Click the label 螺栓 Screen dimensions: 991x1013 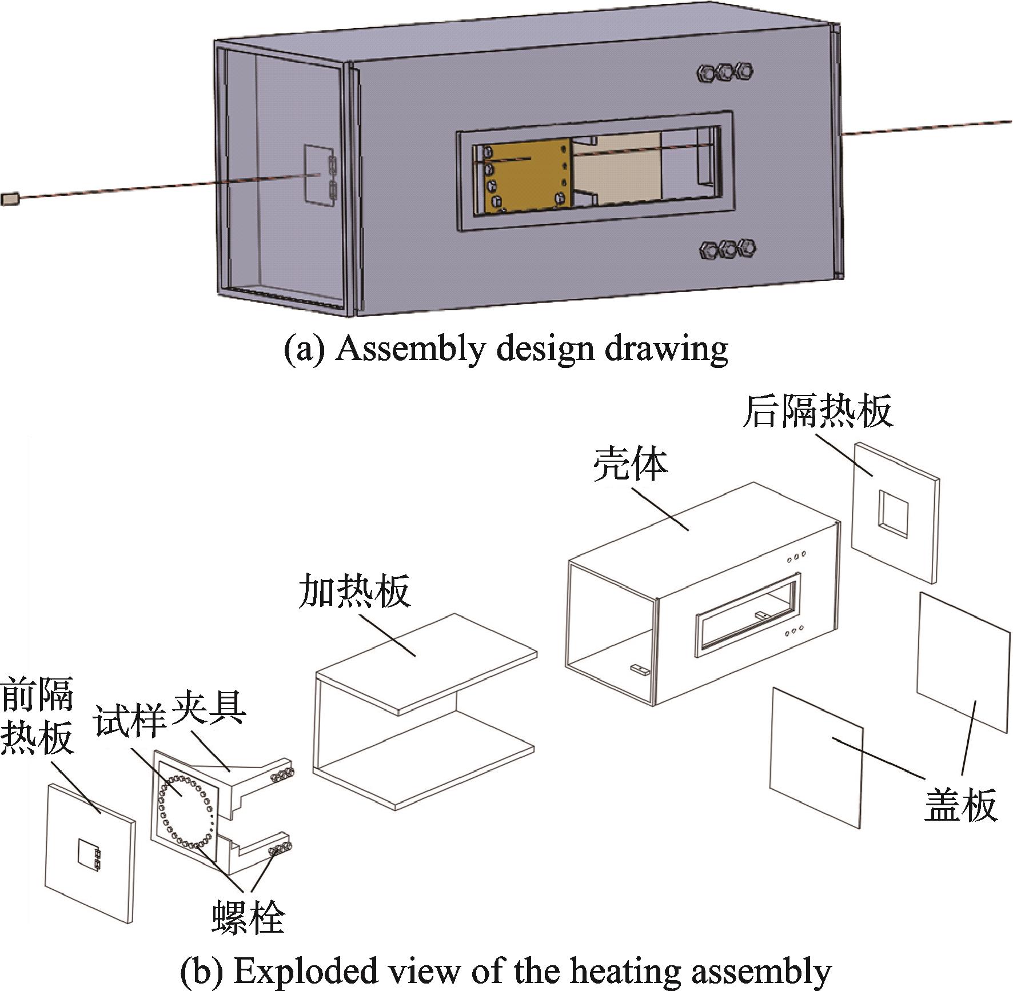pos(248,917)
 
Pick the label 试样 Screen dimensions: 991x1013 pos(130,720)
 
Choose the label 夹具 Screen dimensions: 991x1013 pos(209,707)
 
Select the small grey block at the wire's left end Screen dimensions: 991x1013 pos(10,198)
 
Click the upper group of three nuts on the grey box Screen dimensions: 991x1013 pos(724,72)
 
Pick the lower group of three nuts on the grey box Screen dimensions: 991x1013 pos(728,249)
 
